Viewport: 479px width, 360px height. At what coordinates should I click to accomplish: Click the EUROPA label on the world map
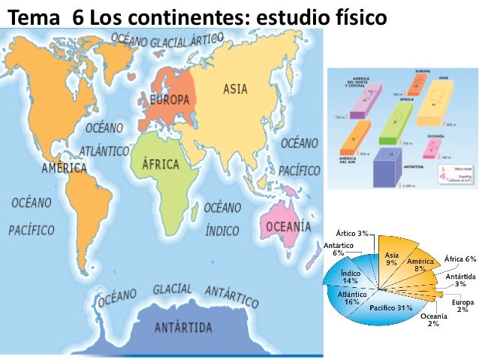(169, 99)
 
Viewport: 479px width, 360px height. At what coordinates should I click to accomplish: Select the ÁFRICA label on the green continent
(160, 163)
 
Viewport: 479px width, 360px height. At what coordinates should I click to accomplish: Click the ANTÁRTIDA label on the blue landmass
(183, 327)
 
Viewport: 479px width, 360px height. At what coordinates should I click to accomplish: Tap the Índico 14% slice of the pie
(350, 277)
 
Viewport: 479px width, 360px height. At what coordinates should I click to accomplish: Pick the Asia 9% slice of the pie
(391, 259)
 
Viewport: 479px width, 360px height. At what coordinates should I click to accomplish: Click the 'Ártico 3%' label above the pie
(352, 234)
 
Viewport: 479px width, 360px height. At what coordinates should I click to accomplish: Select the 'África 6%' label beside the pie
(460, 259)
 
